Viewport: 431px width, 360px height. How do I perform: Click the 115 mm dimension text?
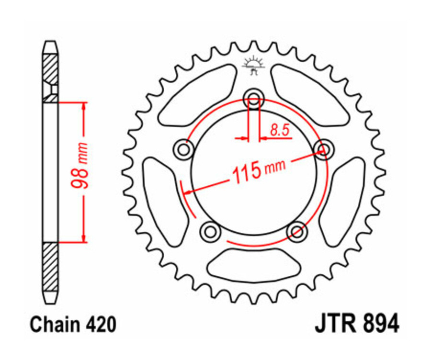click(258, 170)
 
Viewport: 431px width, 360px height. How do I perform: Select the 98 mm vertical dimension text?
click(82, 166)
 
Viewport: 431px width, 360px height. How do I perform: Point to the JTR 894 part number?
click(357, 324)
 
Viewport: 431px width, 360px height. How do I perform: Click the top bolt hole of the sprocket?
click(253, 99)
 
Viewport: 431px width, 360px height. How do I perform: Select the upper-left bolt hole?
click(183, 150)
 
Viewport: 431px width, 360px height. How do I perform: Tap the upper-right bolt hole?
click(323, 150)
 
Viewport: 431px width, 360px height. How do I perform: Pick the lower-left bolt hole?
click(210, 232)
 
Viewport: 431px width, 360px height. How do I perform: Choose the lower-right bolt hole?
click(296, 232)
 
